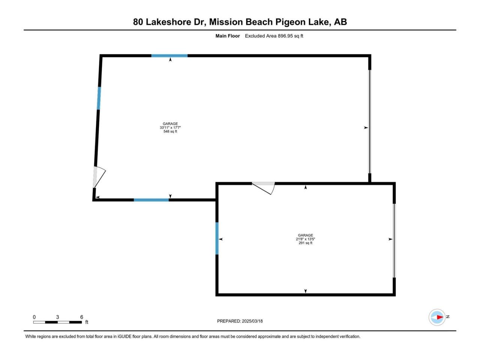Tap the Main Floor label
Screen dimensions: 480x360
[x=227, y=36]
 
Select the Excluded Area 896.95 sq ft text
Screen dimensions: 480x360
[x=274, y=36]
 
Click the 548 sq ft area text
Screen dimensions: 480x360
[x=170, y=131]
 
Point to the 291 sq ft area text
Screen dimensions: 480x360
[x=305, y=243]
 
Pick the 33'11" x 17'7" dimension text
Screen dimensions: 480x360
[x=170, y=127]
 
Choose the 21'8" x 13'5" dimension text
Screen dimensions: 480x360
[x=305, y=239]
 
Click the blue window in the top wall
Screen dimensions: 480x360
[x=169, y=56]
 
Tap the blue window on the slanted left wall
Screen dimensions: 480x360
[x=99, y=98]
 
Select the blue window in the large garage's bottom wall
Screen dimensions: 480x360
[x=151, y=200]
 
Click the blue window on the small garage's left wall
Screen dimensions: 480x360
[x=217, y=238]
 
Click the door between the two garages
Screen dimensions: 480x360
[x=263, y=188]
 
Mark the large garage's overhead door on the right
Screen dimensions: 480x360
[x=370, y=121]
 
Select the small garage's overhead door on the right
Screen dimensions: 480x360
[x=394, y=241]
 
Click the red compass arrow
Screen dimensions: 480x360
[x=440, y=317]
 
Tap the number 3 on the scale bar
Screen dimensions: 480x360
[x=57, y=317]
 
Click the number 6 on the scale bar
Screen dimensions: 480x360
[x=82, y=317]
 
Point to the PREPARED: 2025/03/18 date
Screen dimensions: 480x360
[x=240, y=321]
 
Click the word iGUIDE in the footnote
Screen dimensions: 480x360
[x=124, y=336]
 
